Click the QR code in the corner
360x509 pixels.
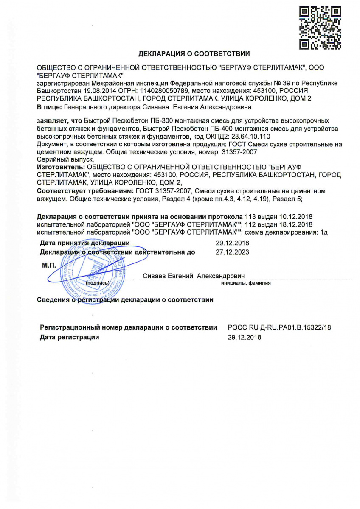point(320,27)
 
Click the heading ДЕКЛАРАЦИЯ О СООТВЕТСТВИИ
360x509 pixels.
point(194,53)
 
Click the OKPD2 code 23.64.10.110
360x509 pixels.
point(251,136)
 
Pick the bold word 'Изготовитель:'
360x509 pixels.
point(59,168)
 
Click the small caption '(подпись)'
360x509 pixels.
point(98,282)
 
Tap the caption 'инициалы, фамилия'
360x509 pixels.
point(246,283)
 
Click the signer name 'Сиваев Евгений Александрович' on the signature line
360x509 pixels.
point(194,276)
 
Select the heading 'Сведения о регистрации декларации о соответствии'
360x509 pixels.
point(125,300)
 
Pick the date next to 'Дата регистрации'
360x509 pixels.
point(245,337)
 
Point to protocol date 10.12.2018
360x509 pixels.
point(297,216)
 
